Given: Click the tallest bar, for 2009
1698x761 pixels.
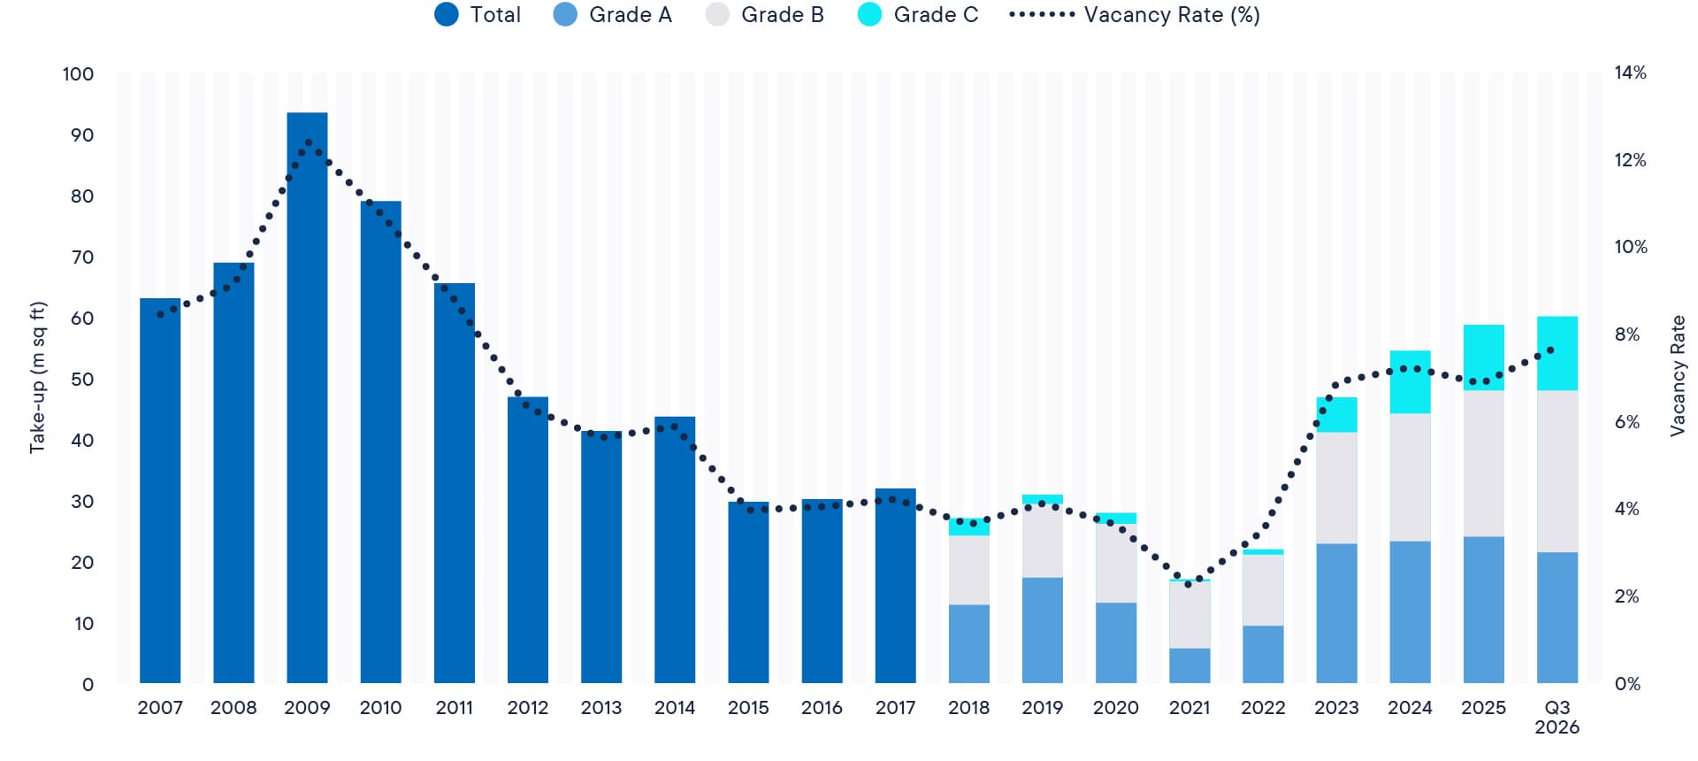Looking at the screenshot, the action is point(307,397).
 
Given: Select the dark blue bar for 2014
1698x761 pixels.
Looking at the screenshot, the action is point(675,550).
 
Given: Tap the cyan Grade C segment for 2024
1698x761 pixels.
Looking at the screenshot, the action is point(1410,382).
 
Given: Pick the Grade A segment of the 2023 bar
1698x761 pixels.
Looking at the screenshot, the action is point(1336,613).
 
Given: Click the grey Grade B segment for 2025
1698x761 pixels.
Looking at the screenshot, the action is point(1483,464).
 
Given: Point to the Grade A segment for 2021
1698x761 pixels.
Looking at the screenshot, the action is point(1189,665).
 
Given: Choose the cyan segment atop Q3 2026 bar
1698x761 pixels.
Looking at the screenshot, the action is point(1557,353).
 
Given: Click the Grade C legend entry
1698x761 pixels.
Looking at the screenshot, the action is point(918,15).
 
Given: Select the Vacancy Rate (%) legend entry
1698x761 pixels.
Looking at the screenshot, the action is point(1135,15).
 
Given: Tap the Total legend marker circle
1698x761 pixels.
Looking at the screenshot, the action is point(447,15).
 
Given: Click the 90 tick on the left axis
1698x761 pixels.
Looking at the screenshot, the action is point(82,135).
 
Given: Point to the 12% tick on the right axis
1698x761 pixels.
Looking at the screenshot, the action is point(1630,160).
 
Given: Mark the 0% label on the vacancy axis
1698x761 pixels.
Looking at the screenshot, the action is point(1627,684).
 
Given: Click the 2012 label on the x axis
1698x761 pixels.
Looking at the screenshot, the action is point(528,708).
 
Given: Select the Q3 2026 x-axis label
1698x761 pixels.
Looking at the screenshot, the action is point(1557,717).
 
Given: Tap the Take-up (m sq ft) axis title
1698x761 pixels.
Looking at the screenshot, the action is point(37,378).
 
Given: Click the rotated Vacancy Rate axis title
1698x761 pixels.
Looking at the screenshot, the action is point(1677,376).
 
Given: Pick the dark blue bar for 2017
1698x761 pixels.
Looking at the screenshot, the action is point(896,586).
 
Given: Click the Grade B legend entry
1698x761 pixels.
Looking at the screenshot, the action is point(765,15).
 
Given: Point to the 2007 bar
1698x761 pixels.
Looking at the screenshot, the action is point(160,491).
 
